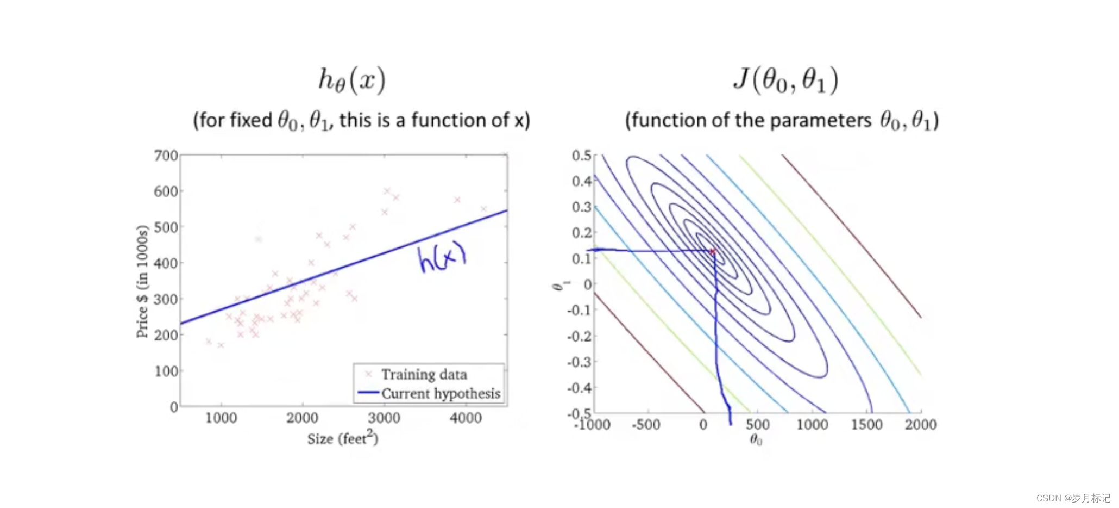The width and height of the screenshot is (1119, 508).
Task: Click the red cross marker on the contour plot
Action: coord(712,251)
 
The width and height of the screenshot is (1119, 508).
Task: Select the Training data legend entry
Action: coord(424,374)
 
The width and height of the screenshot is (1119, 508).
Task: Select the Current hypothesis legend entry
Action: coord(440,393)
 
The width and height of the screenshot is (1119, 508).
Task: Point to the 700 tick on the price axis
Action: coord(166,156)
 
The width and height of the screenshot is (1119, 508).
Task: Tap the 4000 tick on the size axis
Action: coord(466,418)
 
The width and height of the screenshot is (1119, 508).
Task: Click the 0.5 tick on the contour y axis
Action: coord(581,156)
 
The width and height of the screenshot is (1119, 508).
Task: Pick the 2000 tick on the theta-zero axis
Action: coord(920,424)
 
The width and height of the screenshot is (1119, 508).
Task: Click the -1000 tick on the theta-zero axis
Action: coord(592,425)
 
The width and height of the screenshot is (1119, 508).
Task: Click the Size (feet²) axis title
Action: coord(342,438)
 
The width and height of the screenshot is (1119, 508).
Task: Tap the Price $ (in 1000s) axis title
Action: coord(142,281)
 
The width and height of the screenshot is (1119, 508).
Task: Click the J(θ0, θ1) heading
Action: coord(785,80)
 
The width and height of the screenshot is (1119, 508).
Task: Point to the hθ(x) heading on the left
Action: coord(351,80)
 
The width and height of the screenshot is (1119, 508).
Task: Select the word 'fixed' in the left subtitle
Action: coord(251,120)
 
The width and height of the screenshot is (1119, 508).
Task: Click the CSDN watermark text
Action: coord(1072,498)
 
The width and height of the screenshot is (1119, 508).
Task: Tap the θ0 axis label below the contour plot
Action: coord(756,439)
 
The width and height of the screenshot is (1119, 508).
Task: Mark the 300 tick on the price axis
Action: coord(166,299)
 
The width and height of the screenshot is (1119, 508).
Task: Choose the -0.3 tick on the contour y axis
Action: coord(579,362)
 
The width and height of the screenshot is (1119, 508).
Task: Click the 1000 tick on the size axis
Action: coord(221,418)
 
